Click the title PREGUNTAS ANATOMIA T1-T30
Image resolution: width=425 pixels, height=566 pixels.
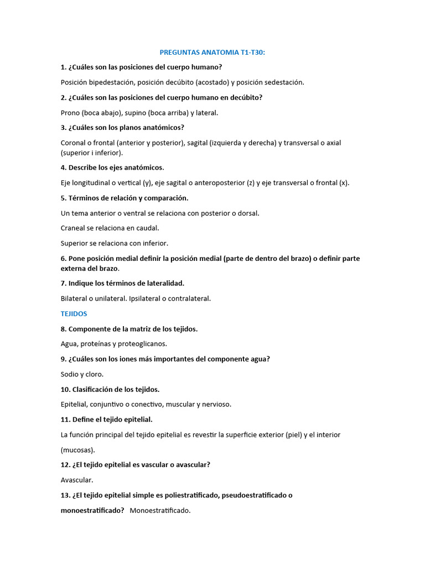click(x=212, y=52)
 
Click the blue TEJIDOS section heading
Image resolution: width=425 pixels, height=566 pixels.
click(x=74, y=313)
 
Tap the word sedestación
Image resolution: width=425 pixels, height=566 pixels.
click(x=282, y=82)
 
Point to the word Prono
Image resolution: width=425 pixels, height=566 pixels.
click(x=70, y=112)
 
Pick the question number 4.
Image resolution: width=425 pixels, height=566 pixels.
click(x=64, y=167)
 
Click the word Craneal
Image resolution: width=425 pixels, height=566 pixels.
click(x=74, y=228)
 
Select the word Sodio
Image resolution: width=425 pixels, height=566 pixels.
click(x=70, y=374)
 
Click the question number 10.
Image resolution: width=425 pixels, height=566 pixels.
click(x=65, y=389)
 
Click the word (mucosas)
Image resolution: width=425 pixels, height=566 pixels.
click(x=77, y=450)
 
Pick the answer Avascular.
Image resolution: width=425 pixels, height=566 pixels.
click(x=77, y=480)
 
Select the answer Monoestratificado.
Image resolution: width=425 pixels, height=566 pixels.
click(x=160, y=510)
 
